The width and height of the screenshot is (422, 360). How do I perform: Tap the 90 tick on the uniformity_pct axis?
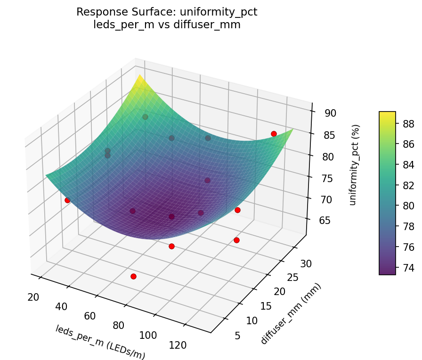tap(330, 113)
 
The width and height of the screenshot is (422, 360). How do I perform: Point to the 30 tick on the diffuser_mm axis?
tap(307, 264)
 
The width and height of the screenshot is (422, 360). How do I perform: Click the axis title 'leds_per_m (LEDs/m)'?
tap(100, 342)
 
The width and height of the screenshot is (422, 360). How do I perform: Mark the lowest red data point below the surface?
tap(133, 276)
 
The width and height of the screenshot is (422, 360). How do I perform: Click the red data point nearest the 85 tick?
tap(274, 134)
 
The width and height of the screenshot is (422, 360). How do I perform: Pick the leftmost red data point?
tap(67, 200)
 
